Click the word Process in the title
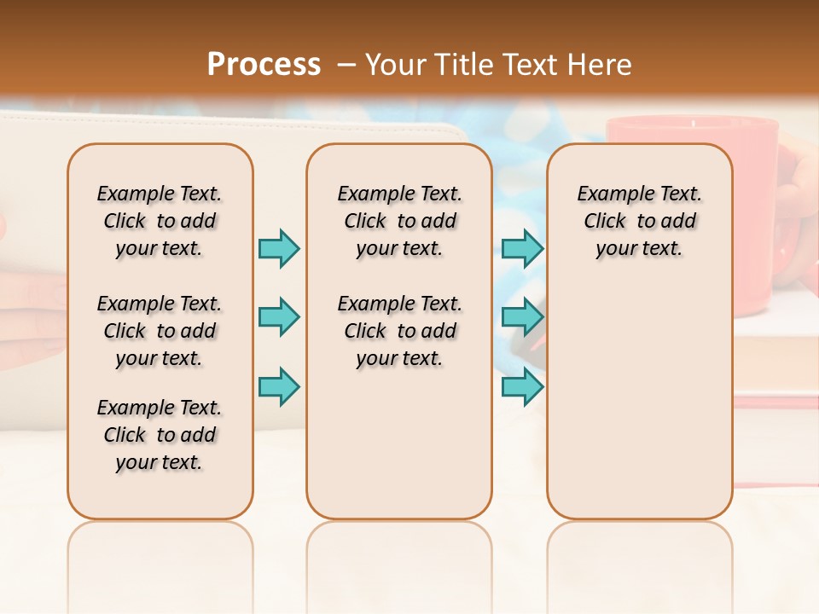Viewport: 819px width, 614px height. pyautogui.click(x=264, y=64)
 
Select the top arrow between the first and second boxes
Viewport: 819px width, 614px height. pyautogui.click(x=279, y=249)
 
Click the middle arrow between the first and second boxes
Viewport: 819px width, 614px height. pyautogui.click(x=279, y=318)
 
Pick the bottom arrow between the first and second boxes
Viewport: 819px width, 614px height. pyautogui.click(x=279, y=386)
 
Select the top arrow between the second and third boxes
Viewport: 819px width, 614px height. pyautogui.click(x=522, y=249)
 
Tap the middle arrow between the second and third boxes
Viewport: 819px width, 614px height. pyautogui.click(x=522, y=318)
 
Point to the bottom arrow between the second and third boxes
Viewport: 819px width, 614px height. pyautogui.click(x=522, y=386)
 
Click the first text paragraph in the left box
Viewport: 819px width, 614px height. pyautogui.click(x=160, y=221)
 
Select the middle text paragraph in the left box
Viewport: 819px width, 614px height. pyautogui.click(x=160, y=331)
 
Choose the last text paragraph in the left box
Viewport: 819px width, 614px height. pyautogui.click(x=160, y=435)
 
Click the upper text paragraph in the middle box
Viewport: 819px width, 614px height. pyautogui.click(x=399, y=221)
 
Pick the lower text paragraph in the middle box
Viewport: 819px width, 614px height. pyautogui.click(x=399, y=331)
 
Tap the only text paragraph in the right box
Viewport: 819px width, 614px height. pyautogui.click(x=640, y=221)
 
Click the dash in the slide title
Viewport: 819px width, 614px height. pyautogui.click(x=346, y=65)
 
